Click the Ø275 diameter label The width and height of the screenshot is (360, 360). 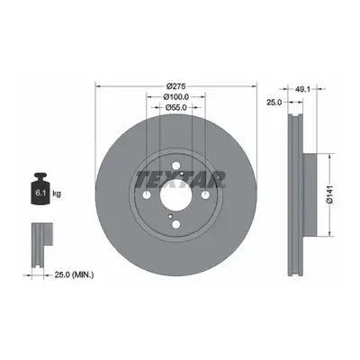click(x=176, y=86)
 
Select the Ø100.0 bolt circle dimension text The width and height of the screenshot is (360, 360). click(x=175, y=97)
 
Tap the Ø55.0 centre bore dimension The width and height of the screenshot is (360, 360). click(x=175, y=107)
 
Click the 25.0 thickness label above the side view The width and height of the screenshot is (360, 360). click(x=274, y=103)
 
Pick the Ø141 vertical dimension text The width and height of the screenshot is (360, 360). click(x=330, y=194)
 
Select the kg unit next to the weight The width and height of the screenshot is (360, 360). click(x=57, y=193)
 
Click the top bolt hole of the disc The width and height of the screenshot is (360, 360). click(x=176, y=166)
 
